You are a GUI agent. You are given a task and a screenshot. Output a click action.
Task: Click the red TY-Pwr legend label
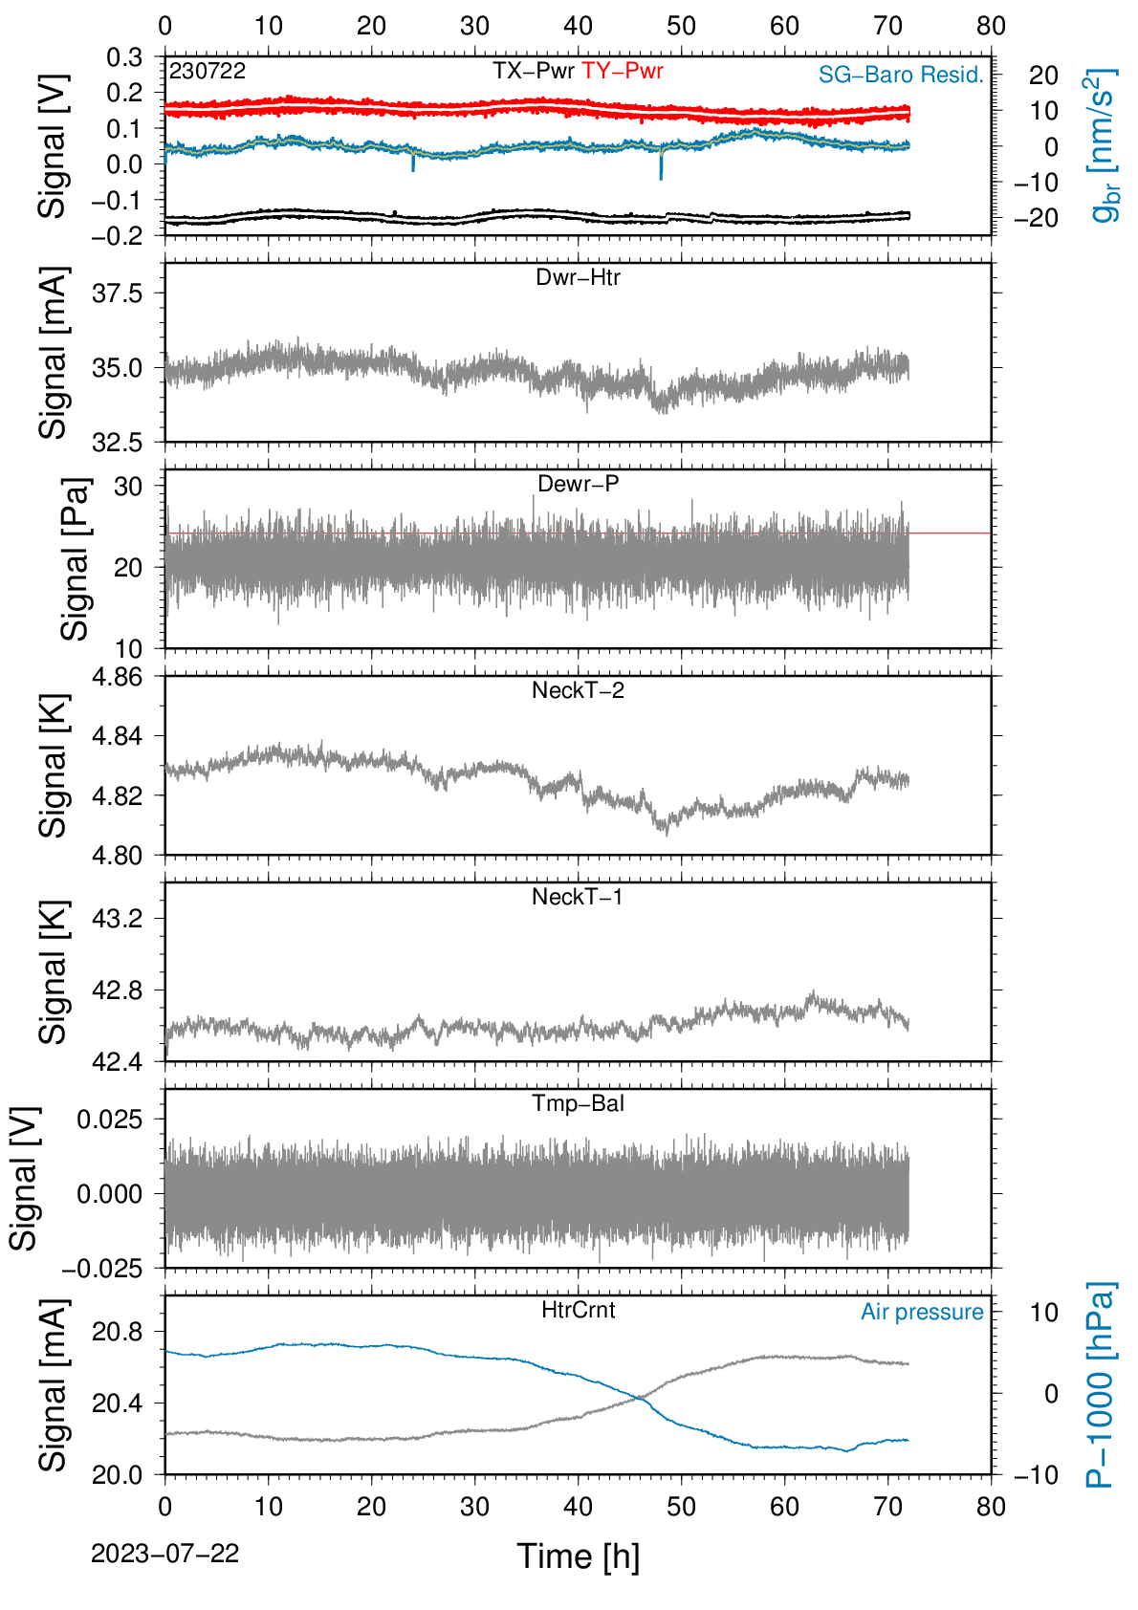tap(622, 71)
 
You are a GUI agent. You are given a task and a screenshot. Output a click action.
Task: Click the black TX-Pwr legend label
tap(533, 71)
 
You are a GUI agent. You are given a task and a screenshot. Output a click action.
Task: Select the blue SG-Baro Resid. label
tap(901, 75)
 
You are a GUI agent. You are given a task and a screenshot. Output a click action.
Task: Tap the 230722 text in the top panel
tap(208, 71)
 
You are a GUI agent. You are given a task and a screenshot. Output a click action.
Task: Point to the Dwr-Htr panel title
tap(578, 277)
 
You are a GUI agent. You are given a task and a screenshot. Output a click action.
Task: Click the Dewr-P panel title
tap(578, 484)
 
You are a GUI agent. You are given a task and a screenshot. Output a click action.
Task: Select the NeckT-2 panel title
tap(578, 690)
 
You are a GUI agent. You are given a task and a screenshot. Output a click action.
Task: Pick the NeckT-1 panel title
tap(578, 896)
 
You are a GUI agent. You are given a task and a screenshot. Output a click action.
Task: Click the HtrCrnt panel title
tap(578, 1310)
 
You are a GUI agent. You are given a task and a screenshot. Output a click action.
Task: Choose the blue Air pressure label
tap(922, 1313)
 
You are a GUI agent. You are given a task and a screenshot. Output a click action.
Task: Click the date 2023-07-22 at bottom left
tap(164, 1554)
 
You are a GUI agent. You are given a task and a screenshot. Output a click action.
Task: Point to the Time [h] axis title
tap(578, 1556)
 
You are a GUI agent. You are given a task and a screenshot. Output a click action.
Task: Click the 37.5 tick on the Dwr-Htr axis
tap(118, 294)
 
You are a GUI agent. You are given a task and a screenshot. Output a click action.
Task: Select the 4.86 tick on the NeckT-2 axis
tap(118, 677)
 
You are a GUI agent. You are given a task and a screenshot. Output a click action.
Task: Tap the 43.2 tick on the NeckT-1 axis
tap(118, 918)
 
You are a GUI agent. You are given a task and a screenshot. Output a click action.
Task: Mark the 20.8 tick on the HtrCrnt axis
tap(118, 1331)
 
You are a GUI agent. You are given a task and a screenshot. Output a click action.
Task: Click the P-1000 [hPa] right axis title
tap(1100, 1384)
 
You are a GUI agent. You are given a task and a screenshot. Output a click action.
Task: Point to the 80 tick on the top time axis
tap(991, 26)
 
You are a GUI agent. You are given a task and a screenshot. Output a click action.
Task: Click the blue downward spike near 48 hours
tap(662, 163)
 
